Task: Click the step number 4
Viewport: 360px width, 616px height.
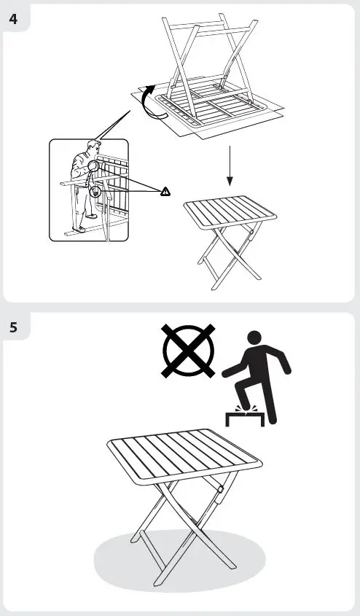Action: pyautogui.click(x=15, y=18)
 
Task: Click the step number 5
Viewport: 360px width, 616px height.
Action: pyautogui.click(x=15, y=327)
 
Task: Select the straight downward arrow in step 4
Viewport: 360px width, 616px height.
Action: pyautogui.click(x=229, y=166)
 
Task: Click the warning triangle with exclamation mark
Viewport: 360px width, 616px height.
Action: pyautogui.click(x=165, y=191)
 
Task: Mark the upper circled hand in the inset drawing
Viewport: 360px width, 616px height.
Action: pyautogui.click(x=93, y=167)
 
